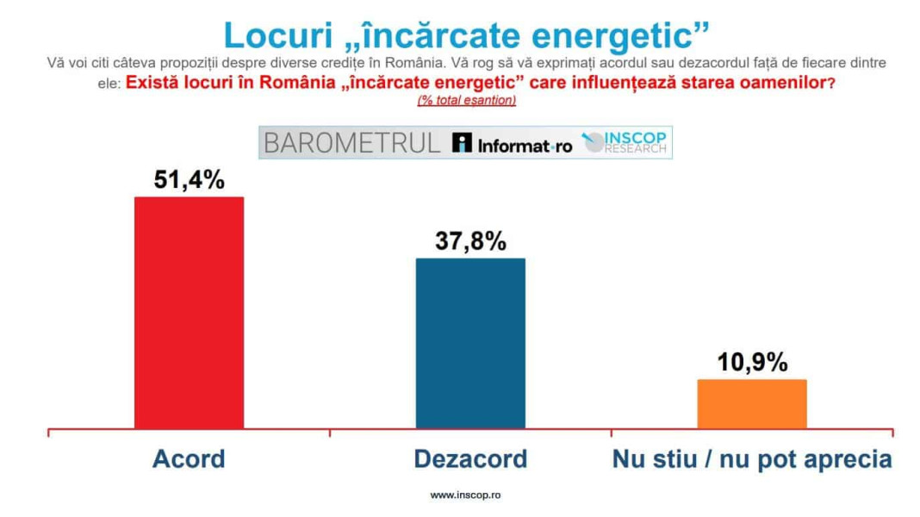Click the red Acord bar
tap(189, 312)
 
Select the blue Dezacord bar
tap(470, 343)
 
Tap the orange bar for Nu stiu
tap(751, 403)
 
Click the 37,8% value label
tap(470, 240)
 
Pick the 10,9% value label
tap(752, 362)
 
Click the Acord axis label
tap(189, 458)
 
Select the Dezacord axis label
tap(470, 458)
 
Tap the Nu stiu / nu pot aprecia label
tap(752, 458)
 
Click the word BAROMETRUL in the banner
tap(351, 143)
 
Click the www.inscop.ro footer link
tap(465, 495)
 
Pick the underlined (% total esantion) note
tap(466, 101)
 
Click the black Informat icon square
tap(463, 143)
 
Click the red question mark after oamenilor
tap(830, 84)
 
